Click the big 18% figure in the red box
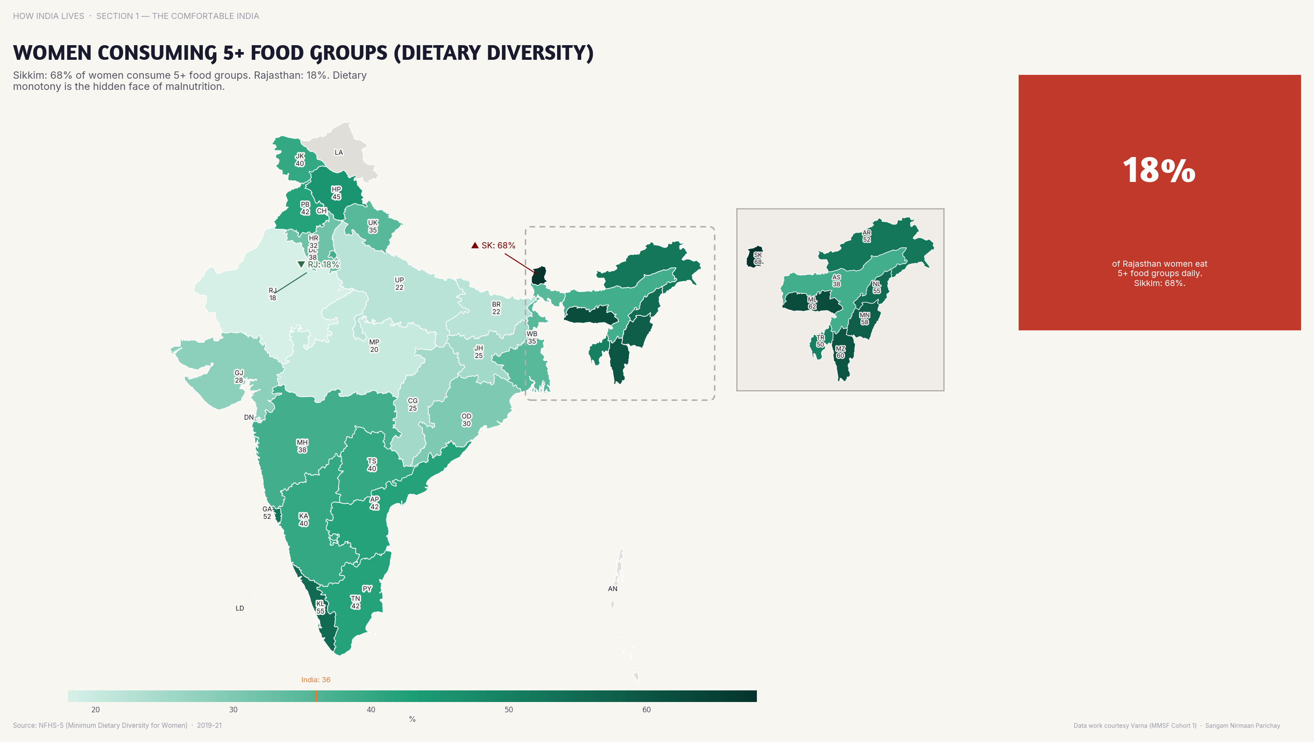1159,170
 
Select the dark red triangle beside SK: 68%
475,245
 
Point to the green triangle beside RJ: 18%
301,264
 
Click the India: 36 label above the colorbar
315,679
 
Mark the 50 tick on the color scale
508,709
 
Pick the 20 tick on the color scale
96,709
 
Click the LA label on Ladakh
339,152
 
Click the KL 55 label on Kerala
320,607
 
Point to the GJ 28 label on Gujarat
239,376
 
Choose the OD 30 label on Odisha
466,419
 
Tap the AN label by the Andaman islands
612,588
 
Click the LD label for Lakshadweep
240,608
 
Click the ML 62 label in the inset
812,303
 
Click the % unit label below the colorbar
412,719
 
